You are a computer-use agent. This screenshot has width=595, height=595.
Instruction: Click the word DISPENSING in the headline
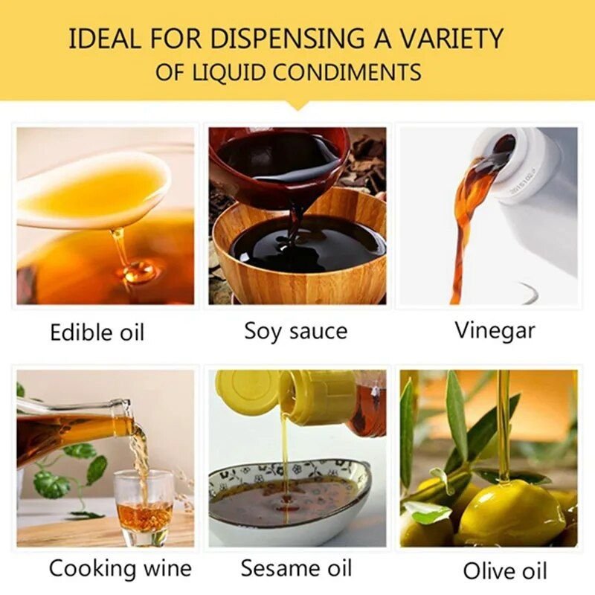(x=286, y=39)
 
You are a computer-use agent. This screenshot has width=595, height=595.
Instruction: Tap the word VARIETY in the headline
(x=452, y=39)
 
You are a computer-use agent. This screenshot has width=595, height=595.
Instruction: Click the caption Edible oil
(x=97, y=332)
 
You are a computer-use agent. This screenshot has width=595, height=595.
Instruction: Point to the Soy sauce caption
(x=295, y=332)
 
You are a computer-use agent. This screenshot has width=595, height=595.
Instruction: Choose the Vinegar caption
(x=495, y=331)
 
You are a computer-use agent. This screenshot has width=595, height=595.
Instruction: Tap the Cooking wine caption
(x=120, y=568)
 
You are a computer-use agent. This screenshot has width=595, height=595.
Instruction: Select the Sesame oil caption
(x=296, y=568)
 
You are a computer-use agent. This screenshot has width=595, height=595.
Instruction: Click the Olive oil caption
(x=505, y=570)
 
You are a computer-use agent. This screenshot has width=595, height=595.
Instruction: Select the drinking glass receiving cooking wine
(x=144, y=506)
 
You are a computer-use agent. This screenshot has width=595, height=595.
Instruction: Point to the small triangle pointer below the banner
(x=298, y=106)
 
